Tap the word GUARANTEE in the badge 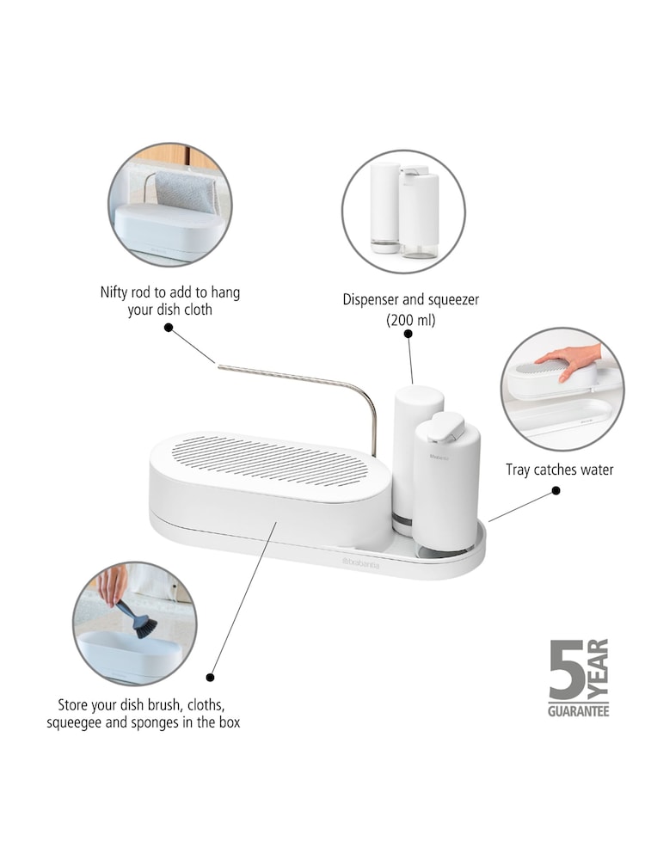point(578,711)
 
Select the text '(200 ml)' point(411,319)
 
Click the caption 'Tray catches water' point(559,470)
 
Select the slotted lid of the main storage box point(271,459)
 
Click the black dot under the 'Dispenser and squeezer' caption point(410,340)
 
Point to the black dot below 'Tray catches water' point(556,490)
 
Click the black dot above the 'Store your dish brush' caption point(210,677)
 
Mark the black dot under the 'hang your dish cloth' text point(169,328)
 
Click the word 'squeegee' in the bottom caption point(76,723)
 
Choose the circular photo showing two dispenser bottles point(403,211)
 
